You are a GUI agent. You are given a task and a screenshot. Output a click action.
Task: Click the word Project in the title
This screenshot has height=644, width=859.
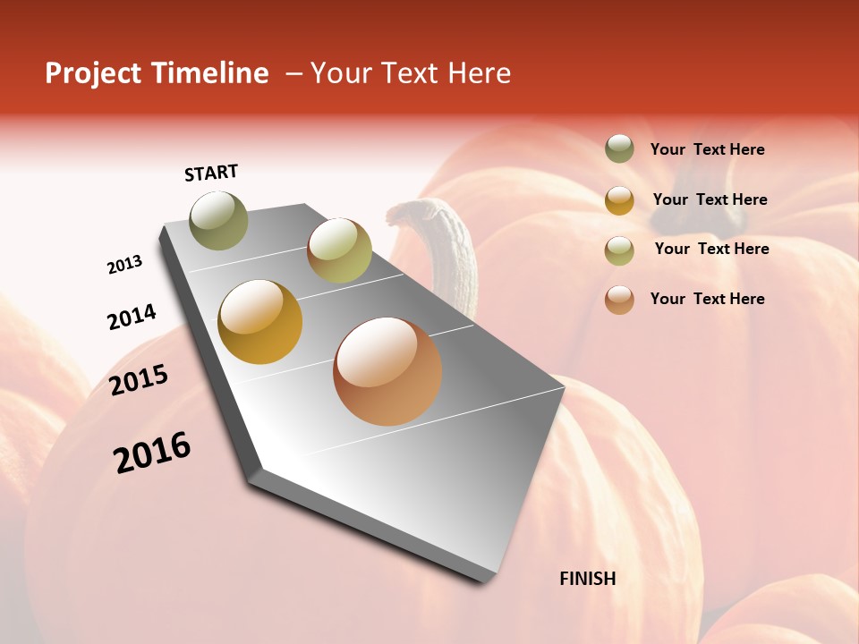tap(94, 73)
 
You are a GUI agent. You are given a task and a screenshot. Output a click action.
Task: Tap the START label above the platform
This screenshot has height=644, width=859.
tap(211, 173)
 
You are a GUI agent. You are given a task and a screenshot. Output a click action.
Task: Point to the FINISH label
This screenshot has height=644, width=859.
tap(587, 579)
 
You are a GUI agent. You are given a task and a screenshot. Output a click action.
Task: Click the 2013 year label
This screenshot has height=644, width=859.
tap(124, 265)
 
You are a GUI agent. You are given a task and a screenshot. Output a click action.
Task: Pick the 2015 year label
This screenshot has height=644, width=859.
tap(139, 380)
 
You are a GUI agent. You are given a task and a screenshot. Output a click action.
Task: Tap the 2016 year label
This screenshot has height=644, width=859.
tap(152, 453)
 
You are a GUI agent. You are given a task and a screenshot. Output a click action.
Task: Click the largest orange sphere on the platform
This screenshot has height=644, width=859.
tap(387, 371)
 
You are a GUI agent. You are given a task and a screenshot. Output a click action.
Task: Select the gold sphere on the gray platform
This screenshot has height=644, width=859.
tap(260, 322)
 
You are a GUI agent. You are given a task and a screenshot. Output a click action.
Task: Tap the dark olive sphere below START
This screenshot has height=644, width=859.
tap(219, 220)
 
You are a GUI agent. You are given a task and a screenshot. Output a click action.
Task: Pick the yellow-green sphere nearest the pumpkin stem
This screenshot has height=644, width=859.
tap(339, 250)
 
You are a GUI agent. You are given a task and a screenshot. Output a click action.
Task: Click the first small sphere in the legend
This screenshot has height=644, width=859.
tap(619, 148)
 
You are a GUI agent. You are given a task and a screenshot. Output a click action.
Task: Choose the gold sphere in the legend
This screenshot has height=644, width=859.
tap(619, 199)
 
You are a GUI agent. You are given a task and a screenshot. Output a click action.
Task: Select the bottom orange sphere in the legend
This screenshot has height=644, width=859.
tap(619, 299)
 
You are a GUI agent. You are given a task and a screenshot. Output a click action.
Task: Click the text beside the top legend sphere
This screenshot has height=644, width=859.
tap(707, 150)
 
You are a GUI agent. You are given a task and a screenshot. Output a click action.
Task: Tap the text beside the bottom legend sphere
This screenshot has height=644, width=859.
tap(707, 299)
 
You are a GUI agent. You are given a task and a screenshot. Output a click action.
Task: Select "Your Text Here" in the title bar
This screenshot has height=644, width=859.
tap(411, 73)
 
